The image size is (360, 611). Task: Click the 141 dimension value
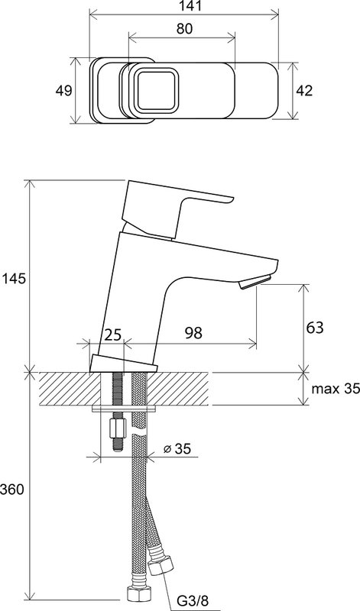[x=184, y=5]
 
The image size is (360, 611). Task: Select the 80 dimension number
[x=184, y=29]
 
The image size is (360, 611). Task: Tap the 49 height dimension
[x=63, y=90]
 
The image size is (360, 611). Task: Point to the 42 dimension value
[x=304, y=90]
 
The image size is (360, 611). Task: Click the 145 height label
[x=14, y=279]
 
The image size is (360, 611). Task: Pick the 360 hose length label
[x=11, y=490]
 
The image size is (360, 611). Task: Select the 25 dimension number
[x=113, y=335]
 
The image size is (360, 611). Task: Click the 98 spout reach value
[x=194, y=333]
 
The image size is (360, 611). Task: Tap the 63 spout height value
[x=315, y=328]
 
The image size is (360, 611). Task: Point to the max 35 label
[x=333, y=389]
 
